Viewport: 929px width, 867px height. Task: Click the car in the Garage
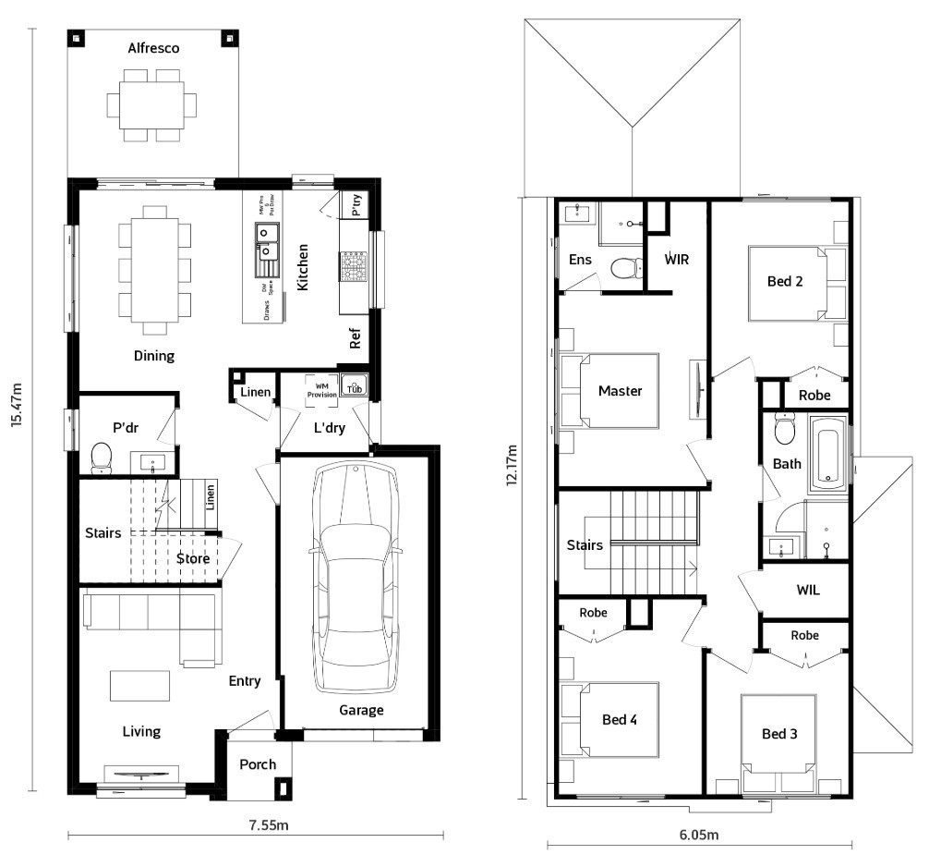[x=356, y=578]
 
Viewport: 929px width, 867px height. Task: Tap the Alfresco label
[x=153, y=48]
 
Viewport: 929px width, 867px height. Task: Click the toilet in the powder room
[x=101, y=456]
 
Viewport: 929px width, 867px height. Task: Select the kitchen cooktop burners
[x=354, y=267]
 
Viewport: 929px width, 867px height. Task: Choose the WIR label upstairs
[x=678, y=259]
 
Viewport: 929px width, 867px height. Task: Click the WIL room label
[x=808, y=590]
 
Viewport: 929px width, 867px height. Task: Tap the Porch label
[x=258, y=764]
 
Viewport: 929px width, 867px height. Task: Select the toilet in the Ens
[x=627, y=268]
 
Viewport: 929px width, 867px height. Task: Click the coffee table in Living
[x=140, y=686]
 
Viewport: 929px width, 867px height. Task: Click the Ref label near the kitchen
[x=355, y=340]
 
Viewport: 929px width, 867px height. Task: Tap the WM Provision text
[x=322, y=389]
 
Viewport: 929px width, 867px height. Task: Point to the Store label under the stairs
[x=193, y=558]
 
